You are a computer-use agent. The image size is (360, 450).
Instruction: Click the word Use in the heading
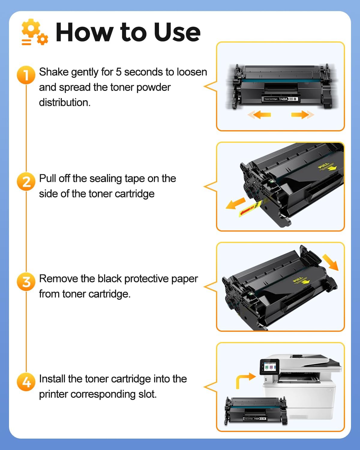point(177,32)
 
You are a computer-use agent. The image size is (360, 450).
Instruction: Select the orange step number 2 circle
point(26,181)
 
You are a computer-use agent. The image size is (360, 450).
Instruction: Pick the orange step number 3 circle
point(26,282)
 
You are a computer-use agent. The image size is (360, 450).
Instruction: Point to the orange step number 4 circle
point(26,382)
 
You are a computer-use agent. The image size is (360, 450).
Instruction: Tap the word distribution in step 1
point(64,103)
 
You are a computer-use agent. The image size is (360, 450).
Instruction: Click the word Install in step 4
point(52,379)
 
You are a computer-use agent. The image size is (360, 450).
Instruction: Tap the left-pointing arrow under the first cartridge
point(259,115)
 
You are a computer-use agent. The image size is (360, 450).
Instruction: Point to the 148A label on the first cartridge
point(283,99)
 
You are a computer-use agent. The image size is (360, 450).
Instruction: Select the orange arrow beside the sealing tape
point(235,203)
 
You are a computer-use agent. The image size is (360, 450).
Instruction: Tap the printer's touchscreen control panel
point(269,367)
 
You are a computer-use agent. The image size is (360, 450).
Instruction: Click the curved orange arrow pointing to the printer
point(244,380)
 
